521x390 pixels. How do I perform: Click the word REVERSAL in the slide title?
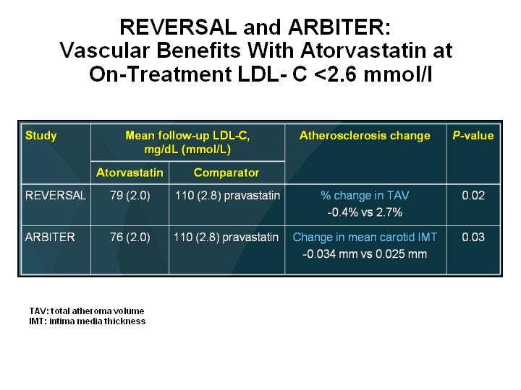tap(178, 27)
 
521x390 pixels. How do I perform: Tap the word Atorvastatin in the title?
tap(363, 51)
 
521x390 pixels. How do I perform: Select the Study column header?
tap(41, 136)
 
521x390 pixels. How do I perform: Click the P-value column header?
tap(473, 135)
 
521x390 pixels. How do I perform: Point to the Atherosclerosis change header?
tap(365, 135)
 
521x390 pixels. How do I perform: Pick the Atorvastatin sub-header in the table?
tap(130, 173)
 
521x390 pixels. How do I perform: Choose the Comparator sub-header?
tap(226, 173)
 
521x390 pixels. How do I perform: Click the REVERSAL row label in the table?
tap(56, 195)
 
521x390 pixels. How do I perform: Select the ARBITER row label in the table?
tap(50, 237)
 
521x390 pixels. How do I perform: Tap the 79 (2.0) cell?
tap(130, 195)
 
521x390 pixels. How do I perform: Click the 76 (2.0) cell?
tap(130, 237)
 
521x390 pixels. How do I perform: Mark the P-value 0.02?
tap(473, 195)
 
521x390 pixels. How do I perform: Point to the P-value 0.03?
tap(473, 237)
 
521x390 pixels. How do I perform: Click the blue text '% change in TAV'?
tap(365, 195)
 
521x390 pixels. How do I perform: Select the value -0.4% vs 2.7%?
tap(365, 212)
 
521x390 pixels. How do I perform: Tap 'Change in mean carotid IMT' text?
tap(365, 237)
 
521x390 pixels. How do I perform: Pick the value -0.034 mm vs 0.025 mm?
tap(365, 254)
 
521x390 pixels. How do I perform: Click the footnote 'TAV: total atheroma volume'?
tap(87, 311)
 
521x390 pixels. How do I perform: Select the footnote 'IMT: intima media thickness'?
tap(88, 321)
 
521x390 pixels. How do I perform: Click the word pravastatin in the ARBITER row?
tap(250, 238)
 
